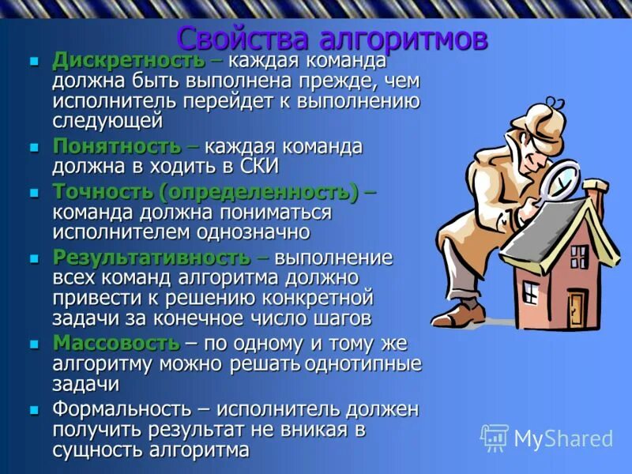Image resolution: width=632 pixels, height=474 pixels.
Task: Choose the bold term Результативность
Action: click(x=151, y=258)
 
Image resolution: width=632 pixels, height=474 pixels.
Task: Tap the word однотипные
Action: click(x=363, y=364)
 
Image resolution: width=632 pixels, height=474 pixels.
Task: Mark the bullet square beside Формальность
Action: click(x=34, y=410)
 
